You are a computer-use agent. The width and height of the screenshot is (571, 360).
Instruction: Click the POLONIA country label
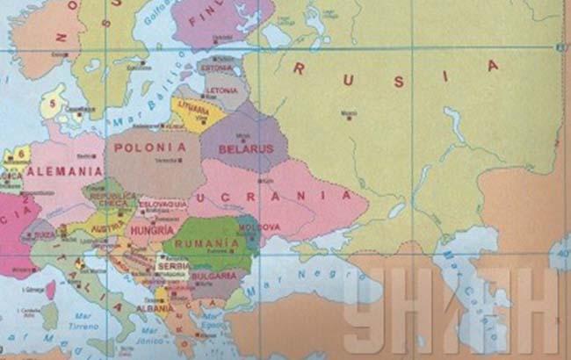150,148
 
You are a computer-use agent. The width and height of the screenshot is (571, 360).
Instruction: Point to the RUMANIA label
207,242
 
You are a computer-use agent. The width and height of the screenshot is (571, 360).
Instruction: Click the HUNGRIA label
149,230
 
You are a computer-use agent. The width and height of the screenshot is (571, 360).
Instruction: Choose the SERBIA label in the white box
172,265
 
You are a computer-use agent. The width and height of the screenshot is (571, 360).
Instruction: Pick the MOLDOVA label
262,227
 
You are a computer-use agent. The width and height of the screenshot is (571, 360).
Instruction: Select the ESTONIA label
216,68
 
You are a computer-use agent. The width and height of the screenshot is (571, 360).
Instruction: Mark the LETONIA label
221,90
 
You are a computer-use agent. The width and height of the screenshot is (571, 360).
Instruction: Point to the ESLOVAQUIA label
163,204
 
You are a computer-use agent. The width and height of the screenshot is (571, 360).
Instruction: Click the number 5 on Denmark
53,102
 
